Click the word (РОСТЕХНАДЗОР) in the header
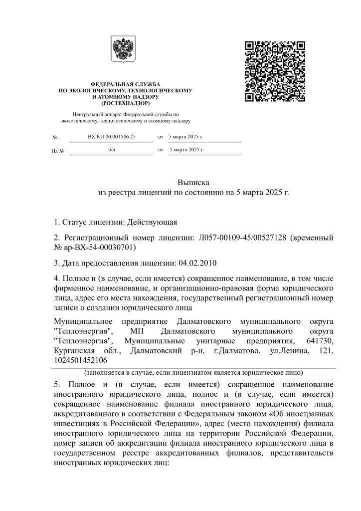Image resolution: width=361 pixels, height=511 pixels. [125, 103]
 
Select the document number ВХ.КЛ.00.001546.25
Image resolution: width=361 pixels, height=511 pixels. [111, 136]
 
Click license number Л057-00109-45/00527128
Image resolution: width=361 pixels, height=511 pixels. [237, 238]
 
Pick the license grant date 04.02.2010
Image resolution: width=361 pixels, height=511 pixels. [199, 263]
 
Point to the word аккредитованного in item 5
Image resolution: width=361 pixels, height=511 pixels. [85, 415]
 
